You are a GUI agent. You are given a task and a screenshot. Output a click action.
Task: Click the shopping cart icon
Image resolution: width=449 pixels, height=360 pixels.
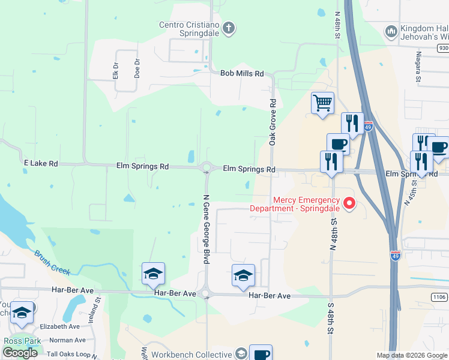click(x=322, y=103)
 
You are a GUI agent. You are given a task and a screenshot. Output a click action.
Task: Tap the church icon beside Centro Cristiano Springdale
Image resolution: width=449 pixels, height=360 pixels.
click(x=228, y=28)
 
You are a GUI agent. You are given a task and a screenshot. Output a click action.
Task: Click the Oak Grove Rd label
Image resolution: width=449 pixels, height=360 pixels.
click(x=272, y=122)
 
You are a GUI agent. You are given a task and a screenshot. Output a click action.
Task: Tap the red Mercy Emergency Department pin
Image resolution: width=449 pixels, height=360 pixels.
click(x=349, y=203)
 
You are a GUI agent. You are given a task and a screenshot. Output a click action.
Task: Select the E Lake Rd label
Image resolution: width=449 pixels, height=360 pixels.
click(x=41, y=163)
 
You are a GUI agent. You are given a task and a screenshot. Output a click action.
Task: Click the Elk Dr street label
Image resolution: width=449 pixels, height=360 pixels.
click(x=116, y=71)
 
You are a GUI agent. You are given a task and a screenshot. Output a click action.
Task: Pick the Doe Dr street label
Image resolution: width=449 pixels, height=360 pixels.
click(x=137, y=68)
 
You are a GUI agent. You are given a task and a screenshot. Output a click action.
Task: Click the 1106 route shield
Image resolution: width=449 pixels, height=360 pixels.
click(x=439, y=296)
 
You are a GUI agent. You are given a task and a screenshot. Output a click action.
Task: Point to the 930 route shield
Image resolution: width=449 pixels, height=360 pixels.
click(x=443, y=47)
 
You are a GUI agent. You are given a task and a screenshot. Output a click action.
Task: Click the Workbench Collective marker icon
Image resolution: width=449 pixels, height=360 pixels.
click(x=241, y=353)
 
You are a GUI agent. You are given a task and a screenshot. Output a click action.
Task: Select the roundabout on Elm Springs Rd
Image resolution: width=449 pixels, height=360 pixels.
click(x=207, y=168)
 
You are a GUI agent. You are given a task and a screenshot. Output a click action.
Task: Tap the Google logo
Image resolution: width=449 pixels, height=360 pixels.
click(x=20, y=353)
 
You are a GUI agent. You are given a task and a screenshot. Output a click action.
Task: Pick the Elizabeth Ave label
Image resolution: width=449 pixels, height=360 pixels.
click(x=59, y=326)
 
